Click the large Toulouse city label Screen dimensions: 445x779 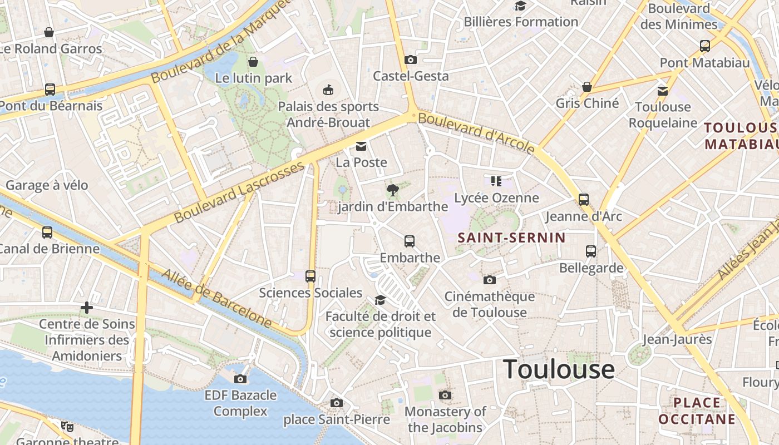(559, 369)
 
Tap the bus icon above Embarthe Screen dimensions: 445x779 (410, 241)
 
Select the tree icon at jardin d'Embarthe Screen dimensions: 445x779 (392, 190)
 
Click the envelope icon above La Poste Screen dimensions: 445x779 (361, 146)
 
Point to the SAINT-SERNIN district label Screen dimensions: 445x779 (511, 238)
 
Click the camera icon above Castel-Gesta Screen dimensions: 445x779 (411, 60)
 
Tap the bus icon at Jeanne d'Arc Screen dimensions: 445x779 (583, 200)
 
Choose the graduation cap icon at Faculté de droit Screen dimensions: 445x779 (380, 300)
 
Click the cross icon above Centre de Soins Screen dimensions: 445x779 (87, 307)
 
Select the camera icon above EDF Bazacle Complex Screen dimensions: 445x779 (240, 379)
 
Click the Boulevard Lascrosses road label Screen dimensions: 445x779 (240, 192)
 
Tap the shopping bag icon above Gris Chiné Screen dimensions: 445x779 (586, 87)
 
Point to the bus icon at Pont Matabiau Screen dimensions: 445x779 (705, 46)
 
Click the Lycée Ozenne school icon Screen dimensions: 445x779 (496, 181)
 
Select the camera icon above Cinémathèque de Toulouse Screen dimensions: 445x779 (489, 280)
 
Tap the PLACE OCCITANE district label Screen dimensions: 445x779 (697, 411)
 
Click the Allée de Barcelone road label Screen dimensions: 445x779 (217, 299)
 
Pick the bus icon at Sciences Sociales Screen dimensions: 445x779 (310, 276)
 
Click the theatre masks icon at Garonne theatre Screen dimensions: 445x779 (67, 427)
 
